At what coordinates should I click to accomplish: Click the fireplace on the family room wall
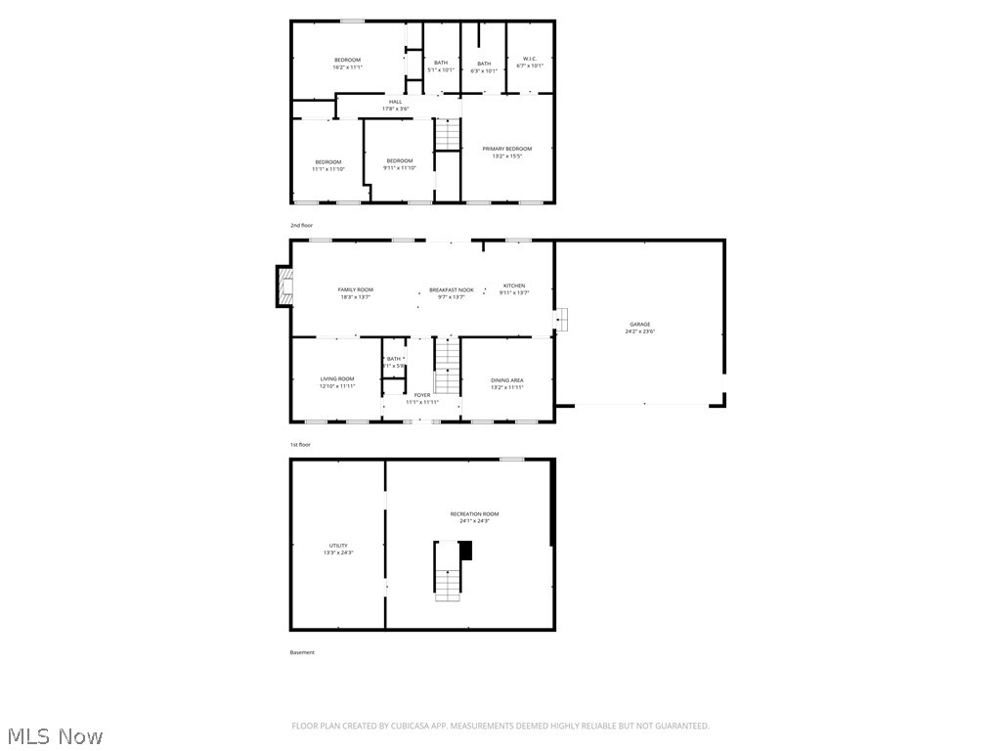tap(283, 287)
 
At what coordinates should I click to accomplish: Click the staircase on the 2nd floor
tap(447, 135)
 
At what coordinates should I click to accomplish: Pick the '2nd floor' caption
tap(301, 226)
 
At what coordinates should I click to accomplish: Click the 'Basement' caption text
tap(302, 652)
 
